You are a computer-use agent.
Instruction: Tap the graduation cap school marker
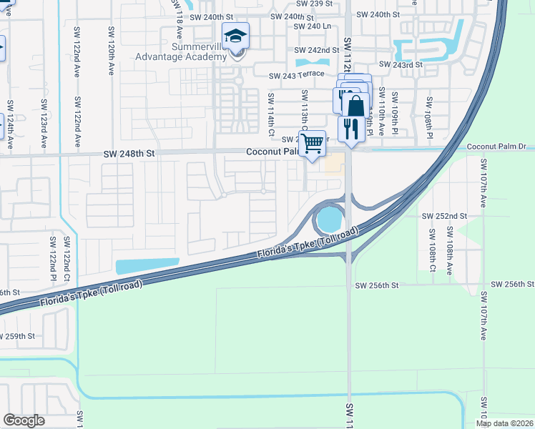235,36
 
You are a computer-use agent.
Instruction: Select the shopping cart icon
312,144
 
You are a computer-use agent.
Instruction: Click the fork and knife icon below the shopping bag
350,129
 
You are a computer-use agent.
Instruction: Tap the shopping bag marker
355,105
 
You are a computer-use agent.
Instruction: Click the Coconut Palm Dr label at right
496,147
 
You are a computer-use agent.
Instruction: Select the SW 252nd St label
444,215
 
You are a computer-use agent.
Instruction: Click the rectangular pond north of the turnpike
147,266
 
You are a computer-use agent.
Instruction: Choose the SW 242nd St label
317,51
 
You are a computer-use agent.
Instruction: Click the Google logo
24,420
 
